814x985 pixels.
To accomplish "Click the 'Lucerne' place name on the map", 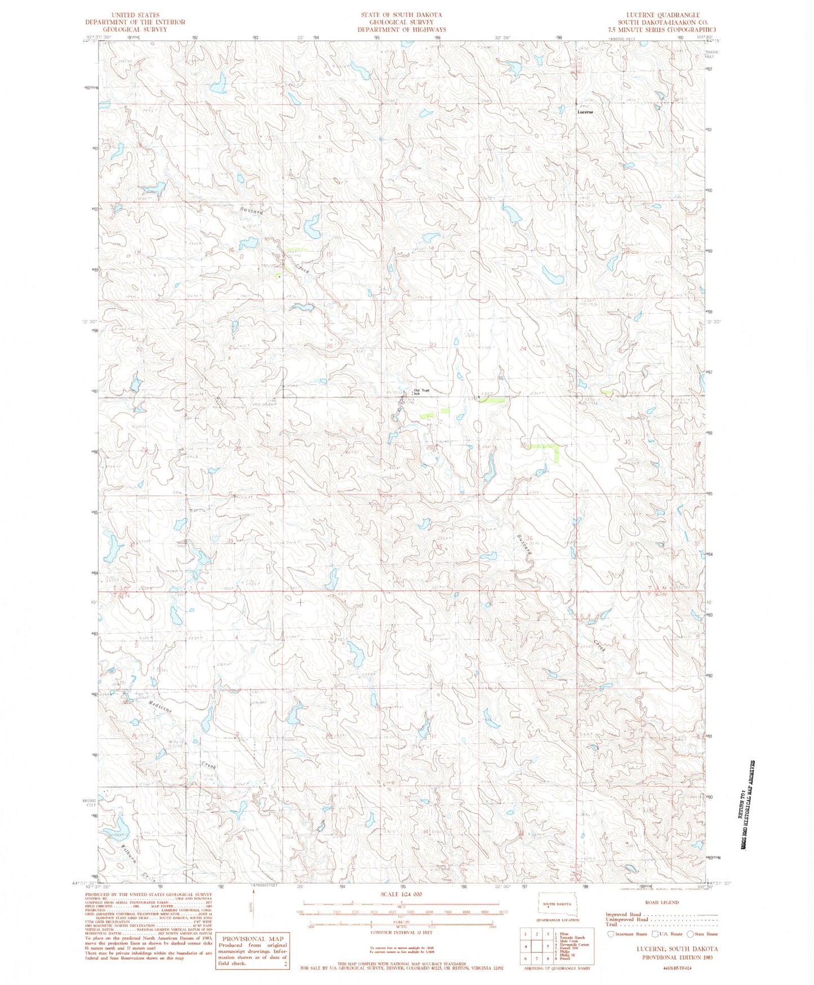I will click(x=585, y=112).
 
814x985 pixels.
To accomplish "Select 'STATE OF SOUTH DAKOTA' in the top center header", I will click(x=402, y=15).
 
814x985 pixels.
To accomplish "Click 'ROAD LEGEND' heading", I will click(x=662, y=902).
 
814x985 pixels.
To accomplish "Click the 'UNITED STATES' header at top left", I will click(x=135, y=15).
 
